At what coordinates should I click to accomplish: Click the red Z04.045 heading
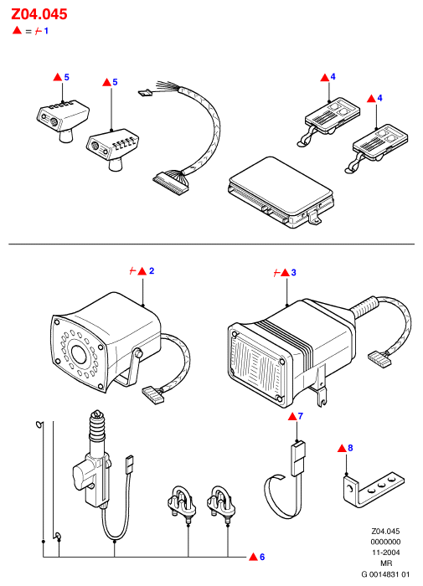point(39,14)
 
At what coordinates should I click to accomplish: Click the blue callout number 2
point(152,271)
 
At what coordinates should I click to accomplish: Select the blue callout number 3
point(294,273)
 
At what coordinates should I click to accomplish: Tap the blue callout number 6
point(262,557)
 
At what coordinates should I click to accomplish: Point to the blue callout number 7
point(301,416)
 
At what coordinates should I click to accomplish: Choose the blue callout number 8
point(350,448)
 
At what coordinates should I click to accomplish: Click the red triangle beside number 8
point(343,448)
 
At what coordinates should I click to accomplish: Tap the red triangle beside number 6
point(254,557)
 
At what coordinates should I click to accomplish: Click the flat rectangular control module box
point(281,192)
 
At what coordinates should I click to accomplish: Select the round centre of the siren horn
point(79,353)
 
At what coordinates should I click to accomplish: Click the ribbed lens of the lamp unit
point(256,362)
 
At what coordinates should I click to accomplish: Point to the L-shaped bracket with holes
point(373,490)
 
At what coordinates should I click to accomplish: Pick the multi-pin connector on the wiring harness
point(171,182)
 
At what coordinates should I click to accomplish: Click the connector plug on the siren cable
point(153,394)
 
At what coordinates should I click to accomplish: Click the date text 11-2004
point(385,553)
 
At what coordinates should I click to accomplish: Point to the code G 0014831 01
point(385,574)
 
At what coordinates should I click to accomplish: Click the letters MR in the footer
point(386,563)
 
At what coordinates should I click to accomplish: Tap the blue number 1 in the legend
point(46,31)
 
